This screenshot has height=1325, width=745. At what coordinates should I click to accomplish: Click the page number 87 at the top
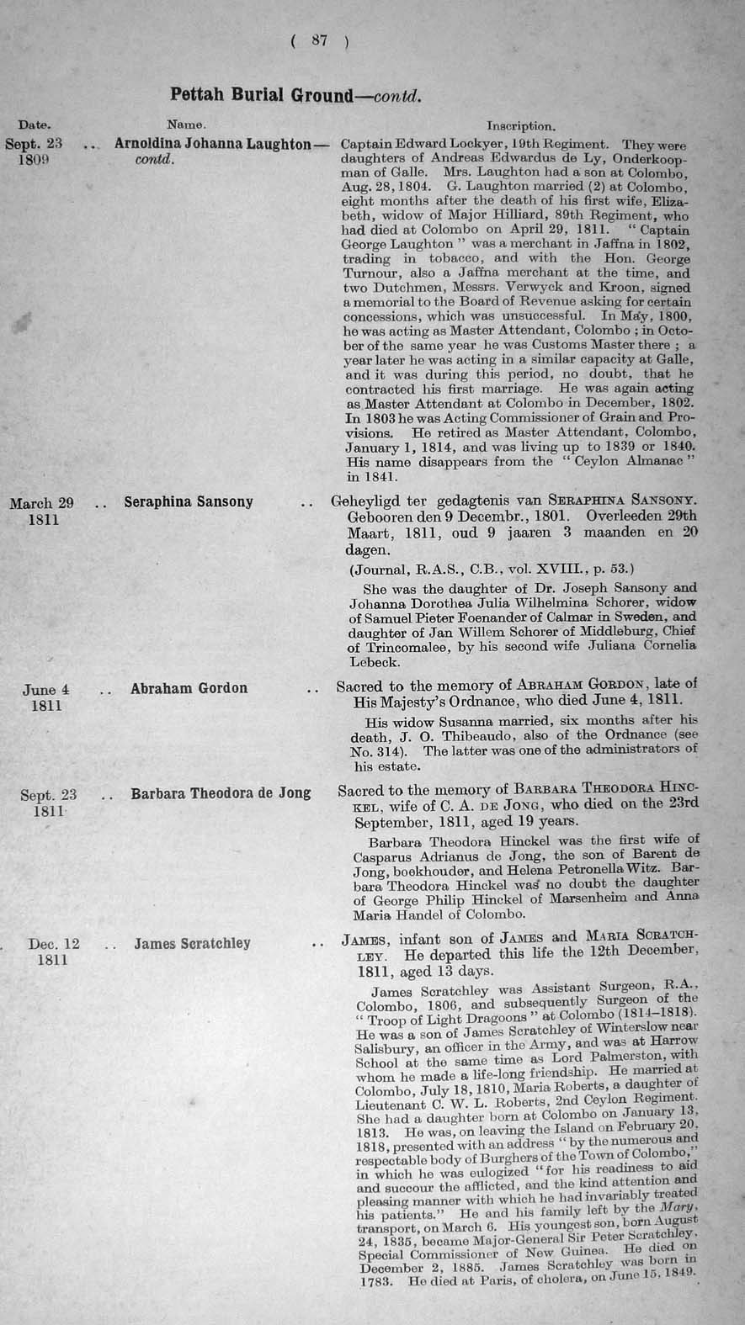319,40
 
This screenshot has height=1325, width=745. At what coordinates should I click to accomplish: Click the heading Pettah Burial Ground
261,94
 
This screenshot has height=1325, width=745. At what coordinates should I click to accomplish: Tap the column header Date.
34,125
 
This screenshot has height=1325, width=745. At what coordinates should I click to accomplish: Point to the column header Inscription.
521,127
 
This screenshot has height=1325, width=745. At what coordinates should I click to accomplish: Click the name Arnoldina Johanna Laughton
213,144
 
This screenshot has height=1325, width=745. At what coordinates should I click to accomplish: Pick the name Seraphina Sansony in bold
188,501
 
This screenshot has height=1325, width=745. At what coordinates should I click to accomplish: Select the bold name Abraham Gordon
189,688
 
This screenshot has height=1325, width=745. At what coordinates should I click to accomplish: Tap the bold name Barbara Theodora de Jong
221,792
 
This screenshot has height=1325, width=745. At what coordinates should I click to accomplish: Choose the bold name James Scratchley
192,943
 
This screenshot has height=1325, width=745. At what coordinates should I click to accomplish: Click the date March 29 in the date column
42,503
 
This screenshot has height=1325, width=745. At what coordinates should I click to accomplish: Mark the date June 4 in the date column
45,690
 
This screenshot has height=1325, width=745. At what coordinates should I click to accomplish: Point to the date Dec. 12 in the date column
53,944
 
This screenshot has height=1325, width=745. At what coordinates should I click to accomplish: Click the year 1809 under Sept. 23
34,159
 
